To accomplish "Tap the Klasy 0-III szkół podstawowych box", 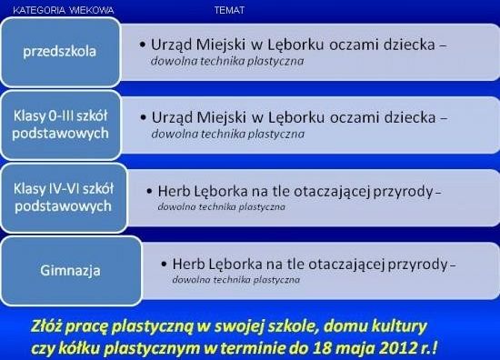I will (62, 125).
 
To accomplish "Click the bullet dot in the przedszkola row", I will (145, 44).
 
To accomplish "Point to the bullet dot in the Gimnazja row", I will (162, 264).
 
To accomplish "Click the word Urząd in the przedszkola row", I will (175, 44).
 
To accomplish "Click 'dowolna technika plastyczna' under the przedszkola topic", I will (227, 62).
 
